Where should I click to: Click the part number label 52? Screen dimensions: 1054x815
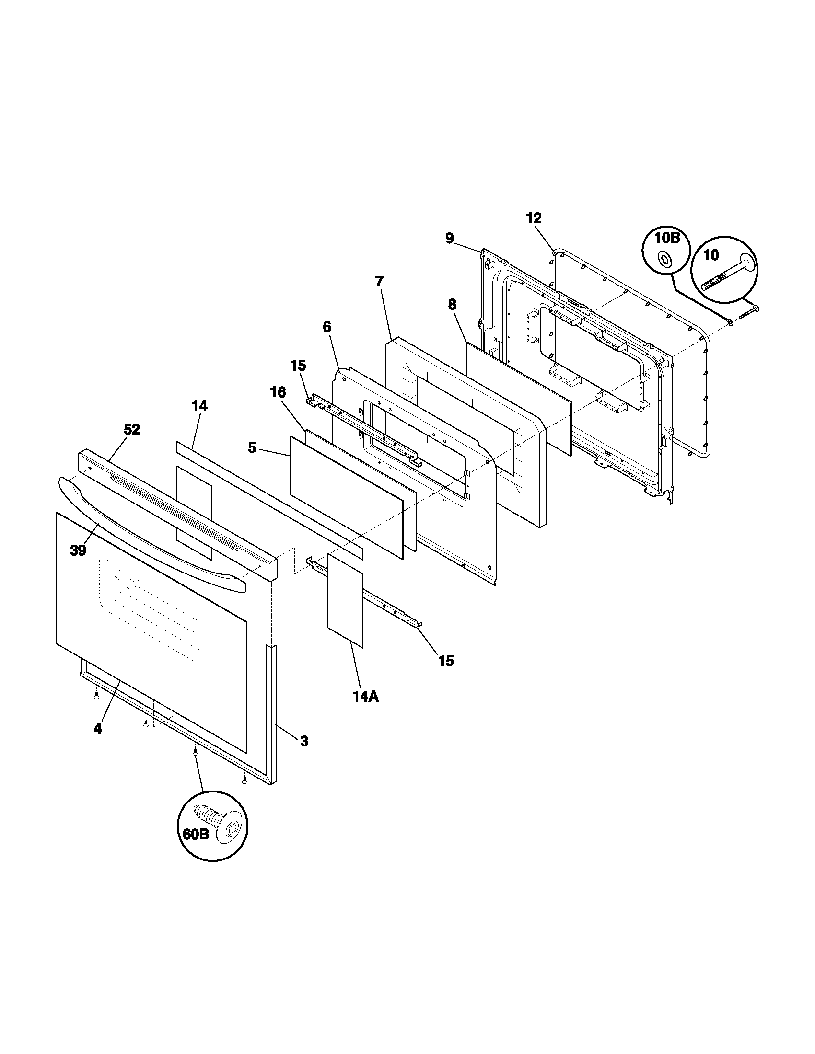click(x=131, y=430)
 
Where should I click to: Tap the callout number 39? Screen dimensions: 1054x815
click(x=78, y=550)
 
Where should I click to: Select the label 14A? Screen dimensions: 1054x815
click(x=365, y=697)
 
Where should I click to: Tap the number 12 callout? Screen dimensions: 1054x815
click(x=534, y=218)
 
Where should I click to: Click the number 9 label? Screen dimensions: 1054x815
click(x=450, y=239)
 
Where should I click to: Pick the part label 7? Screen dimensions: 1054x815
click(x=379, y=281)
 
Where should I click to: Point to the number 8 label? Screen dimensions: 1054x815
click(x=452, y=305)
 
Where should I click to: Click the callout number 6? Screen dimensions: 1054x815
click(x=327, y=327)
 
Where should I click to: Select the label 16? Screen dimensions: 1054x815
click(x=278, y=392)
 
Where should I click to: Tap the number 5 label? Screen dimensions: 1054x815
click(x=252, y=447)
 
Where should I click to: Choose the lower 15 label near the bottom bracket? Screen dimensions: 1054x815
click(x=446, y=661)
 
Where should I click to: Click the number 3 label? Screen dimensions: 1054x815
click(x=304, y=741)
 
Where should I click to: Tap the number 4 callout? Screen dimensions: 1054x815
click(x=98, y=729)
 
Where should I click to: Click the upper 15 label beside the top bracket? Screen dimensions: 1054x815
click(x=298, y=366)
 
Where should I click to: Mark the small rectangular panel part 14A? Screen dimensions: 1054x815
click(x=345, y=600)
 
